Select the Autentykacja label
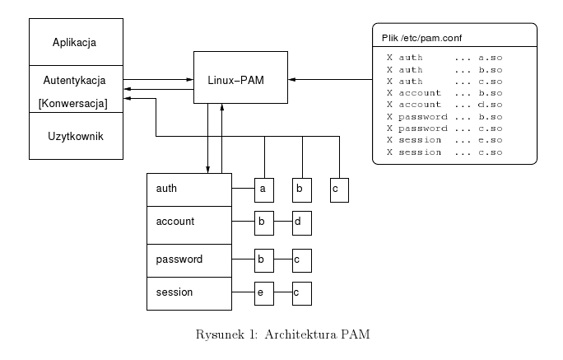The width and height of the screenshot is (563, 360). [76, 82]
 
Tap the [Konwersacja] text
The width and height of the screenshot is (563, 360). [76, 102]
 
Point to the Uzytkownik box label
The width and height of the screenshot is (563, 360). [76, 134]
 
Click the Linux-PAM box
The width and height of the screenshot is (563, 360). [240, 77]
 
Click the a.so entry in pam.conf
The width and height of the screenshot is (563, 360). [490, 58]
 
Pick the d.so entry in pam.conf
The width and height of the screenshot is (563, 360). [490, 105]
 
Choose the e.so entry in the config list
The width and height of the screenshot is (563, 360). [490, 140]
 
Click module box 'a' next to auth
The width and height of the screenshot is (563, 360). [263, 189]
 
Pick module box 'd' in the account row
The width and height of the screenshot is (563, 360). [301, 222]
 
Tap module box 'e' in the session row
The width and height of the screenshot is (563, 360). [263, 292]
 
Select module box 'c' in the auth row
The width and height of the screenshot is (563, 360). [339, 189]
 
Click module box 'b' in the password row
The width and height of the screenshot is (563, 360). [263, 259]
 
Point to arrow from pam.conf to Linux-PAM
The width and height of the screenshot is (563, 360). [329, 79]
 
